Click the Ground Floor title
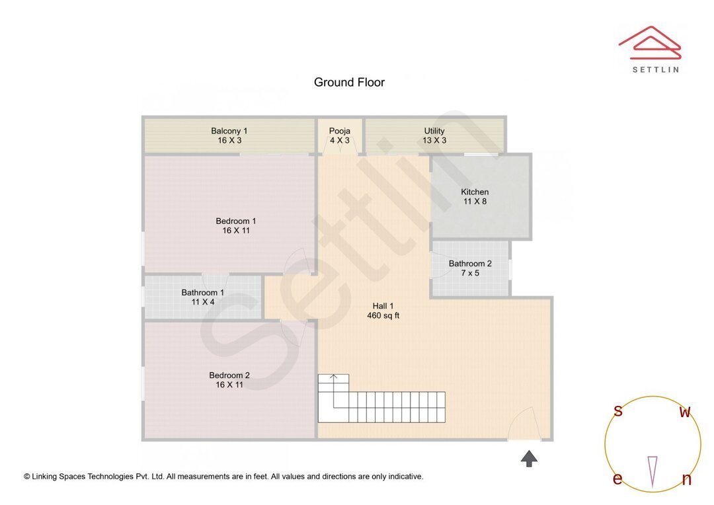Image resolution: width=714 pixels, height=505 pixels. point(349,83)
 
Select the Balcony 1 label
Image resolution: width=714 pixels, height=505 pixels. point(229,131)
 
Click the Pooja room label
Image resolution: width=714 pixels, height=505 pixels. point(340,131)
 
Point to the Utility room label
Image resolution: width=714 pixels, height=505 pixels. point(434,131)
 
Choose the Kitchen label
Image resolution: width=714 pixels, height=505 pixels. point(475,192)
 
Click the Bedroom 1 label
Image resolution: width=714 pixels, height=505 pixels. point(236,221)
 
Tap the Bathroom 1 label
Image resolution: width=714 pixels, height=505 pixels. point(203,293)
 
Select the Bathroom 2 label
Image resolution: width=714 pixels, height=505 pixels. point(470,264)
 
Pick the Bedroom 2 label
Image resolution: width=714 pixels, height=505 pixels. point(229,375)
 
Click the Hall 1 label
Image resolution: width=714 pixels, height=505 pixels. point(383,306)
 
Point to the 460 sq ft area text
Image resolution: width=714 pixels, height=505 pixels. point(383,316)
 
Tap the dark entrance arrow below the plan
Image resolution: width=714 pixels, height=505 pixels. point(529,458)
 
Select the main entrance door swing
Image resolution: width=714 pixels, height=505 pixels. point(525,424)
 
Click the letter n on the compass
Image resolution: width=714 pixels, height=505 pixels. point(686,480)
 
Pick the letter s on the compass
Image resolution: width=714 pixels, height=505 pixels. point(618,411)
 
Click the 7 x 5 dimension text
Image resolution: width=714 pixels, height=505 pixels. point(470,273)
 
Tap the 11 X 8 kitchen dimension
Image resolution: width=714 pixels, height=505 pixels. point(475,202)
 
